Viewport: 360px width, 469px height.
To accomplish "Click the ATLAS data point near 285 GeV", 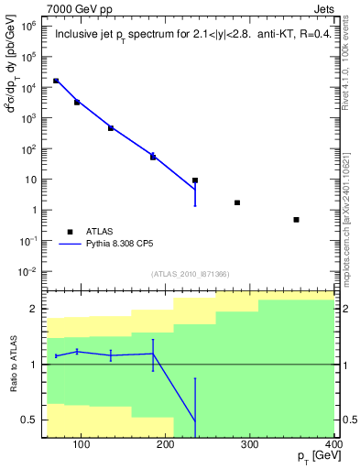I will (x=237, y=202).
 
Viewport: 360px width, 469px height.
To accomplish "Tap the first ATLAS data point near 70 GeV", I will (x=56, y=81).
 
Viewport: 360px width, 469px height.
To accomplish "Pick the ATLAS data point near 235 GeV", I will (x=195, y=180).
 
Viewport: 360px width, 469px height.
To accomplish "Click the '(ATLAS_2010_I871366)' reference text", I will (x=190, y=274).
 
